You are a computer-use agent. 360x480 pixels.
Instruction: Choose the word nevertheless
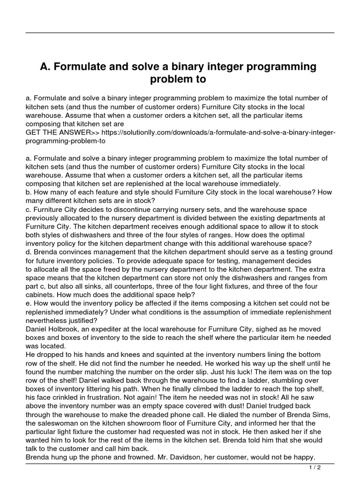[x=48, y=321]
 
